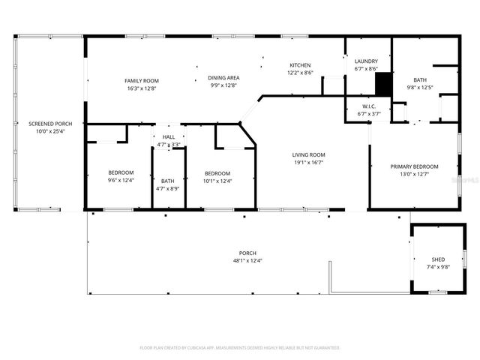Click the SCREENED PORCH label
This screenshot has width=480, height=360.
pyautogui.click(x=46, y=123)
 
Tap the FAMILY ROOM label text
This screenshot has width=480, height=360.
pyautogui.click(x=141, y=80)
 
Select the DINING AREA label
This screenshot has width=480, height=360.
pyautogui.click(x=223, y=77)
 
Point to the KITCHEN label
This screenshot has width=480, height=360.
pyautogui.click(x=300, y=65)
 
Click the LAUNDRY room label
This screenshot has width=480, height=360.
pyautogui.click(x=366, y=61)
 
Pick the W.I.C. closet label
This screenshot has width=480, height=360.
pyautogui.click(x=368, y=106)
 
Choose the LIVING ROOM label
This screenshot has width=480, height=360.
pyautogui.click(x=308, y=154)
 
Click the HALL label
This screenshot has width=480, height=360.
pyautogui.click(x=169, y=137)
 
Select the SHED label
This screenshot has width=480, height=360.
pyautogui.click(x=438, y=259)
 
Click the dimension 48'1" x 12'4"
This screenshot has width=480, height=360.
pyautogui.click(x=247, y=260)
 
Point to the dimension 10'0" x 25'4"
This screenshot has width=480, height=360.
pyautogui.click(x=46, y=131)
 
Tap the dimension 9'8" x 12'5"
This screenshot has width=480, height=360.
pyautogui.click(x=420, y=87)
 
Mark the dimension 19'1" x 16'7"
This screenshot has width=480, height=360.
pyautogui.click(x=308, y=163)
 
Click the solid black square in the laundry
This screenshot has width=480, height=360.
pyautogui.click(x=383, y=83)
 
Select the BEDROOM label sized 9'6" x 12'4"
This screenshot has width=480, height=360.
pyautogui.click(x=121, y=172)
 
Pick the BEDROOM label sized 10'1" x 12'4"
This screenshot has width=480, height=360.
pyautogui.click(x=217, y=172)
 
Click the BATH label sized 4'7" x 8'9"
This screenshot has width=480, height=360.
pyautogui.click(x=168, y=180)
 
